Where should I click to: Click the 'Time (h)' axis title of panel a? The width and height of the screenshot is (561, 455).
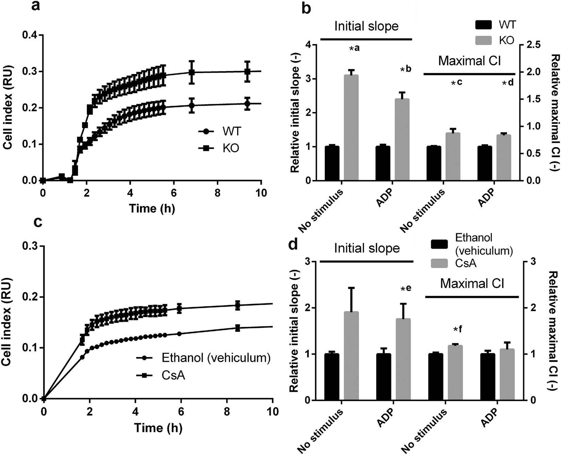(152, 208)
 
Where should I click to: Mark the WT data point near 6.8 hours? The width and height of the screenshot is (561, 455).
(192, 105)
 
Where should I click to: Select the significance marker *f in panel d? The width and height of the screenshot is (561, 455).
(458, 329)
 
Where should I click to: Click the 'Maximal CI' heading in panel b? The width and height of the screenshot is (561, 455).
(470, 61)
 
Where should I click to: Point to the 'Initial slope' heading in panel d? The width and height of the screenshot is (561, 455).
(367, 248)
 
